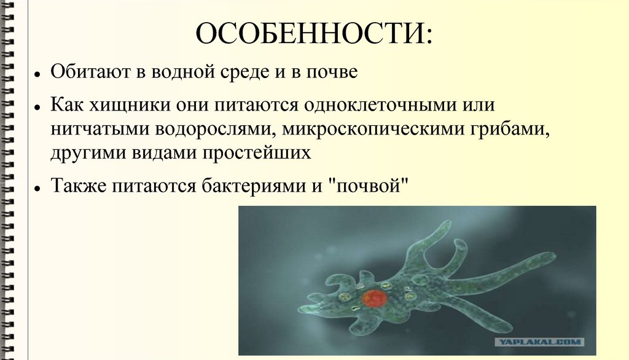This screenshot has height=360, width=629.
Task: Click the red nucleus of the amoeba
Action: coord(373,299)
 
